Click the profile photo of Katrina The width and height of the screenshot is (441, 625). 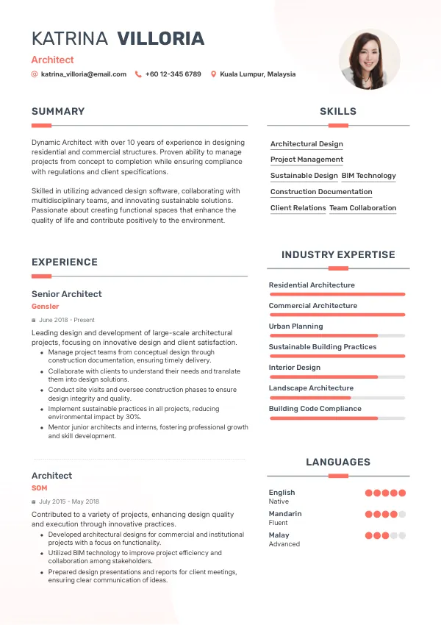coord(369,60)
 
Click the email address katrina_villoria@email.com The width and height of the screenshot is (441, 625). coord(83,74)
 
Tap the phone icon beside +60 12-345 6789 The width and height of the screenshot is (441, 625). coord(138,74)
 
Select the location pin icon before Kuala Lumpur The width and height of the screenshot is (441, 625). coord(213,74)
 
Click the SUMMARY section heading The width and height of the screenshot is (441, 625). coord(58,112)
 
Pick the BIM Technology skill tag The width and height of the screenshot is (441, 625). coord(368,176)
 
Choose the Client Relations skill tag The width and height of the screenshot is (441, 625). coord(298,208)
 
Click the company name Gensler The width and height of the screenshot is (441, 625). coord(45,306)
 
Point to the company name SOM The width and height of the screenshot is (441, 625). coord(39,488)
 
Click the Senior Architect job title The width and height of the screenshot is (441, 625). coord(66,294)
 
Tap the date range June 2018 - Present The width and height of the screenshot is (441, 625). coord(66,321)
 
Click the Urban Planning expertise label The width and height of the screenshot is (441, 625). coord(295,326)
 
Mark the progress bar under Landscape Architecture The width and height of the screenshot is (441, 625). coord(337,398)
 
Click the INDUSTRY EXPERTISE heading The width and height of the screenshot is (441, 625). coord(337,255)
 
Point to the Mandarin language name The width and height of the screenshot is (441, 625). coord(285,514)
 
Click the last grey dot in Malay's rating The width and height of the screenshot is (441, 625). coord(402,536)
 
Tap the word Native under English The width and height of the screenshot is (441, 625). coord(279,501)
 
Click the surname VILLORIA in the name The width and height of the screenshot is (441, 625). coord(160,39)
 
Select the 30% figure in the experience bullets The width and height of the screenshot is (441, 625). coord(134,417)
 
